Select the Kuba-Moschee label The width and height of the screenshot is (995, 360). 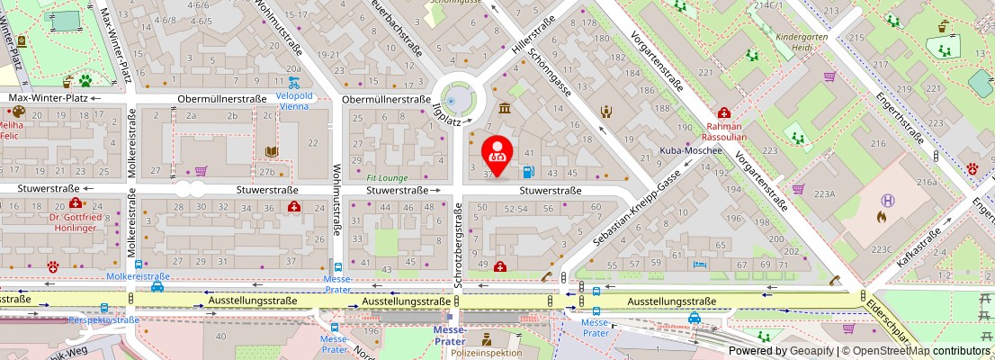coord(692,150)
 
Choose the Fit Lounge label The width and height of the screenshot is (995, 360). coord(387,178)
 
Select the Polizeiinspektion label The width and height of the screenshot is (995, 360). coord(485,353)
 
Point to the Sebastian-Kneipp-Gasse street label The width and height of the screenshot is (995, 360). coord(633,214)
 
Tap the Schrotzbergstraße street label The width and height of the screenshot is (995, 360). coord(458,246)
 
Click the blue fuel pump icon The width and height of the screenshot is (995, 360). coord(528,172)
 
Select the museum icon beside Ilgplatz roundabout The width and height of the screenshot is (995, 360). coord(505,109)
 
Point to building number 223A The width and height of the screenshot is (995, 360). coord(825,194)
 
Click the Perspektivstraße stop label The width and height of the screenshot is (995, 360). coord(104,319)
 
